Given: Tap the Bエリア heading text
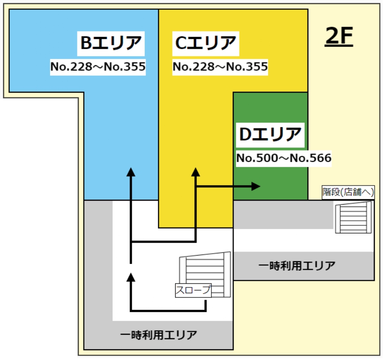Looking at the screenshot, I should tap(111, 43).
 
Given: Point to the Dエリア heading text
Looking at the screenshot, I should tap(270, 134).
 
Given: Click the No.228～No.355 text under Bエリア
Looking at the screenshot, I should tap(98, 67).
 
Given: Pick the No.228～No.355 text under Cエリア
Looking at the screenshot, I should tap(220, 67).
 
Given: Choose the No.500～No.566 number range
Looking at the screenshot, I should tap(284, 158).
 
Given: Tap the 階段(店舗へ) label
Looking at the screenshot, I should tap(349, 192).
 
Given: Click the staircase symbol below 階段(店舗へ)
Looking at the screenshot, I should tap(353, 217).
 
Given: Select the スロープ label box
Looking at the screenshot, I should tap(193, 290).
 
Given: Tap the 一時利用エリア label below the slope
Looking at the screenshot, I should tap(158, 334).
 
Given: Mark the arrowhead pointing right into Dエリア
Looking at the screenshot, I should tap(256, 186).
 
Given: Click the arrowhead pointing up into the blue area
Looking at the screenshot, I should tap(130, 172).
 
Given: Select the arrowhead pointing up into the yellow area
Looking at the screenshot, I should tap(195, 172).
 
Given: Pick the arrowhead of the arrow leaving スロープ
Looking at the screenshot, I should tap(130, 278).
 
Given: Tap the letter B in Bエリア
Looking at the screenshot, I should tap(86, 43).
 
